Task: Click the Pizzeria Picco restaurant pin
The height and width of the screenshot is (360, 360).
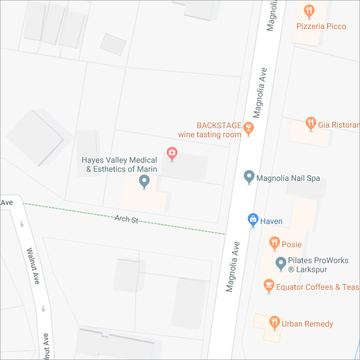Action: click(x=309, y=10)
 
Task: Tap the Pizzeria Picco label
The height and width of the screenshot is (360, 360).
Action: click(x=321, y=26)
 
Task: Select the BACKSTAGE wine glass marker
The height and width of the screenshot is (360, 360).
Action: click(x=248, y=129)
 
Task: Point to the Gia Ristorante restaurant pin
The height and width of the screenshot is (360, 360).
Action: click(x=310, y=123)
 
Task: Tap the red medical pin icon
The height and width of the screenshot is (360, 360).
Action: click(x=171, y=153)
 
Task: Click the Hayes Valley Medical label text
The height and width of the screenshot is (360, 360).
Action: click(x=119, y=164)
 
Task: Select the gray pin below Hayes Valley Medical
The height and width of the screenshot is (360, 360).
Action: click(x=144, y=181)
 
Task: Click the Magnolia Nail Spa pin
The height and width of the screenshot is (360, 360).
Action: click(x=248, y=177)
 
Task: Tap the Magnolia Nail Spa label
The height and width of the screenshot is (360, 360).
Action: click(x=288, y=178)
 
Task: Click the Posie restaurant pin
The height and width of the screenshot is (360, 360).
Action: click(x=274, y=243)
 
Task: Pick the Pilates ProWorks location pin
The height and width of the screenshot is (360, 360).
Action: click(x=280, y=263)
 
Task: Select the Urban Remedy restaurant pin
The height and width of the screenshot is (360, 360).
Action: click(x=274, y=323)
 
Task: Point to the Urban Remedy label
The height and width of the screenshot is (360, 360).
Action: click(x=307, y=324)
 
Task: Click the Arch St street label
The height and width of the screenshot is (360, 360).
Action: click(x=126, y=219)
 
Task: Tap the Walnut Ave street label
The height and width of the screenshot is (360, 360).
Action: click(x=33, y=265)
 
